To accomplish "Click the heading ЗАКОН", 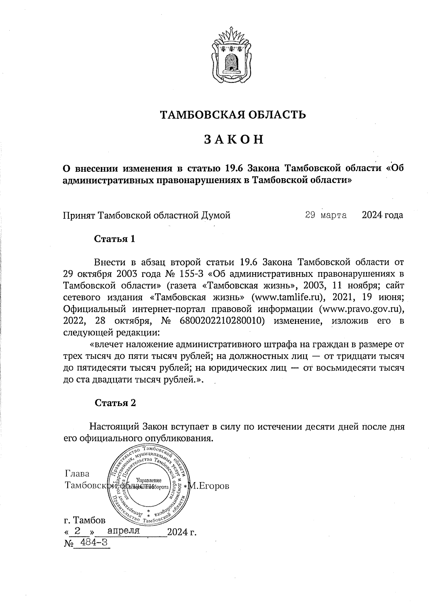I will coord(234,139).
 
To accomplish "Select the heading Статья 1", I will coord(114,239).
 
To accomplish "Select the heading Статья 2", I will coord(115,403).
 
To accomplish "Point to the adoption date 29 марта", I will coord(326,215).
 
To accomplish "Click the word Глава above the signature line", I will coord(77,474).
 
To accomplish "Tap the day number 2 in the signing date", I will coord(77,531).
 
